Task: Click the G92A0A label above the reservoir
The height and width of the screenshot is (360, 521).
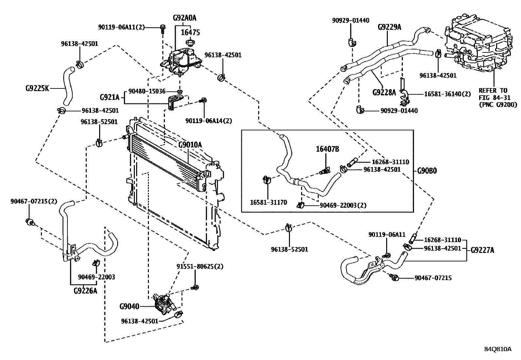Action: coord(185,18)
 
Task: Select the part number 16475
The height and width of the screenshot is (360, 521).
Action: coord(190,32)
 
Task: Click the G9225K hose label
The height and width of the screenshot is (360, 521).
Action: coord(37,88)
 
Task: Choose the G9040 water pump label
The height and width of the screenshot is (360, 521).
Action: coord(129,307)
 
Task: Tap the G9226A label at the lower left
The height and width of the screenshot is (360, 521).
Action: coord(85,290)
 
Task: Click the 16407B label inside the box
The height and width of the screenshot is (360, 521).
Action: coord(327,149)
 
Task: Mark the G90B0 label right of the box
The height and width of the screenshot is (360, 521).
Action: coord(427,171)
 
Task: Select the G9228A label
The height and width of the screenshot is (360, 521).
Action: coord(384,92)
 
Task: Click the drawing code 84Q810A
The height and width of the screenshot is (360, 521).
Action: coord(498,349)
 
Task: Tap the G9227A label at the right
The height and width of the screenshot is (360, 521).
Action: coord(482,251)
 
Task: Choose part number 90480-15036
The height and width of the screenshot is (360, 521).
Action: coord(147,91)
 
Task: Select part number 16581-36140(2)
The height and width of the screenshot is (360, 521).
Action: coord(447,94)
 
